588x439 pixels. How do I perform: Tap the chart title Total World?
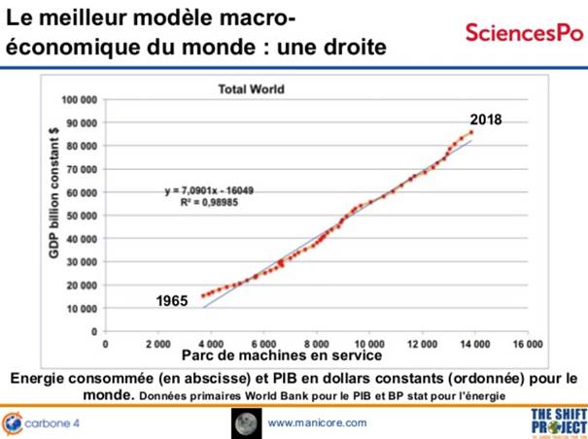(x=249, y=89)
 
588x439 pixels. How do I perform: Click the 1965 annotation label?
(x=172, y=302)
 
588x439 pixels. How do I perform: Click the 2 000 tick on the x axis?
(x=157, y=345)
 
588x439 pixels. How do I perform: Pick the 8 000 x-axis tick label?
(x=316, y=345)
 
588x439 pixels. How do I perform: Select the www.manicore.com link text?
(x=317, y=422)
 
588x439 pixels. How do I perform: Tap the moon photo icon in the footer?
(x=244, y=422)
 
